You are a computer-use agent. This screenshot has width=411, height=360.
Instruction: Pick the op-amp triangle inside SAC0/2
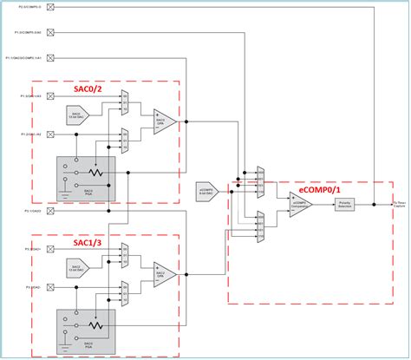(x=165, y=121)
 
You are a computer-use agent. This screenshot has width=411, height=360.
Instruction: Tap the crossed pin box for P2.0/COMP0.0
(x=49, y=8)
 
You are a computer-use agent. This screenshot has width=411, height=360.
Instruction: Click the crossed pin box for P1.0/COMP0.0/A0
(x=49, y=32)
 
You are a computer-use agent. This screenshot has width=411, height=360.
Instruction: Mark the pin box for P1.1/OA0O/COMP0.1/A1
(x=49, y=57)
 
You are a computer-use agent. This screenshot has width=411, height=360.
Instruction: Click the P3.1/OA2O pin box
(x=49, y=210)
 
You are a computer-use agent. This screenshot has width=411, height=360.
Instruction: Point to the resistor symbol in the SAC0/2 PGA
(x=99, y=173)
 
